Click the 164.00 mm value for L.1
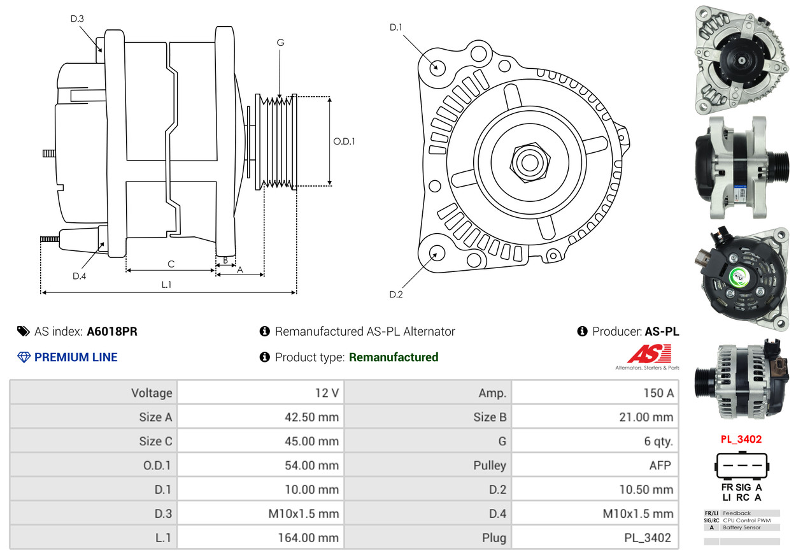[x=308, y=538]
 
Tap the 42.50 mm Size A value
[x=311, y=417]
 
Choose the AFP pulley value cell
[x=660, y=465]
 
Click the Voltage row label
[x=152, y=392]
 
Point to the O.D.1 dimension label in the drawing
[x=344, y=141]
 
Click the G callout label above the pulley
[x=280, y=43]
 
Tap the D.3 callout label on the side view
[x=77, y=18]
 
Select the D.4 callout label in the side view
[x=79, y=276]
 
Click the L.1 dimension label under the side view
[x=166, y=285]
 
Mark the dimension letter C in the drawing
[x=171, y=264]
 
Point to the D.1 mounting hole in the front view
[x=437, y=67]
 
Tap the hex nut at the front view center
[x=528, y=161]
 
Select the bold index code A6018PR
[x=112, y=331]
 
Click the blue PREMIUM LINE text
[x=76, y=357]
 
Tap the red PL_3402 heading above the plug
[x=741, y=440]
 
